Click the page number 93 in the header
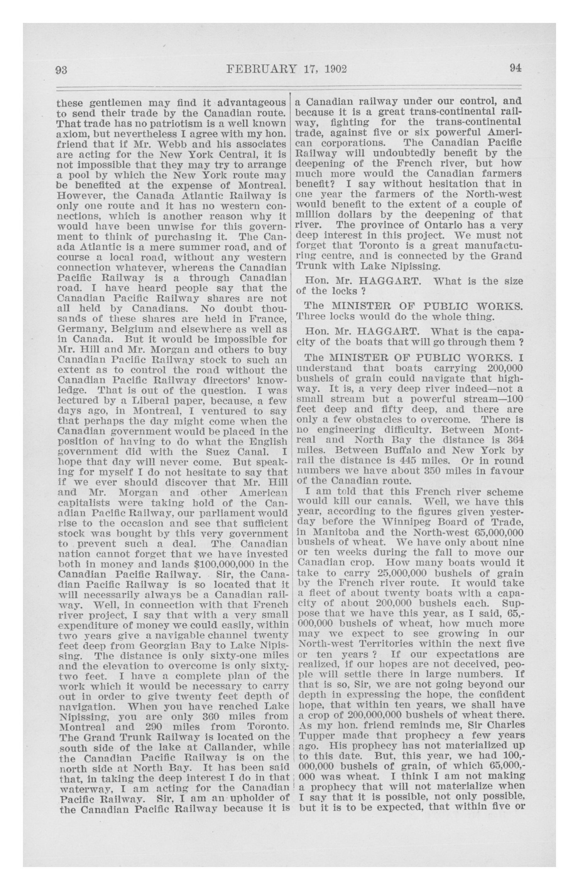pos(61,70)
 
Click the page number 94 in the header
pos(515,69)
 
